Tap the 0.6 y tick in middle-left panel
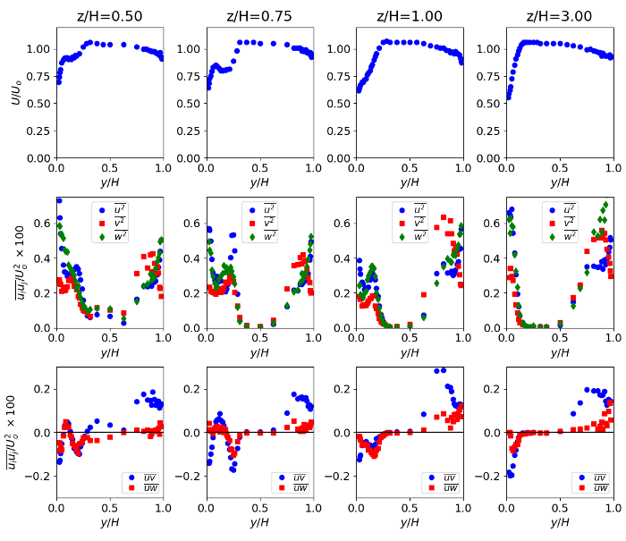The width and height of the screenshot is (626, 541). [x=41, y=224]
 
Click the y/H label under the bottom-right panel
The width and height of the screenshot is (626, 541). [x=560, y=522]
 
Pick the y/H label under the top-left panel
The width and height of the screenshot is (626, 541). [x=109, y=182]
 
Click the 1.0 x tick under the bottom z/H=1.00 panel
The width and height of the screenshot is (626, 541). [x=462, y=509]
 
